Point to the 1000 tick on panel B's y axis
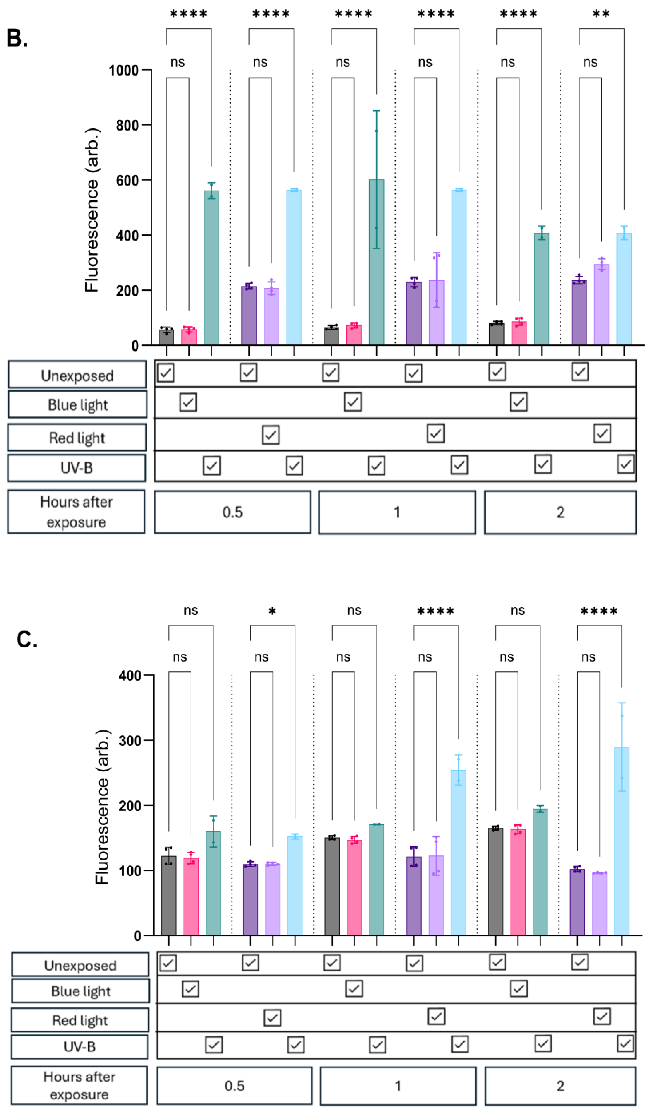[124, 71]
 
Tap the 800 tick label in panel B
[127, 126]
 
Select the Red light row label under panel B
[77, 438]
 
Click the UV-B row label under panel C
[79, 1046]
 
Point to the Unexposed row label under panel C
[80, 966]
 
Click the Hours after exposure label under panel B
[76, 512]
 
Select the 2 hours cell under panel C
[560, 1085]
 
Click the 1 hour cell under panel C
[398, 1085]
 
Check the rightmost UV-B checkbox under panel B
[625, 464]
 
